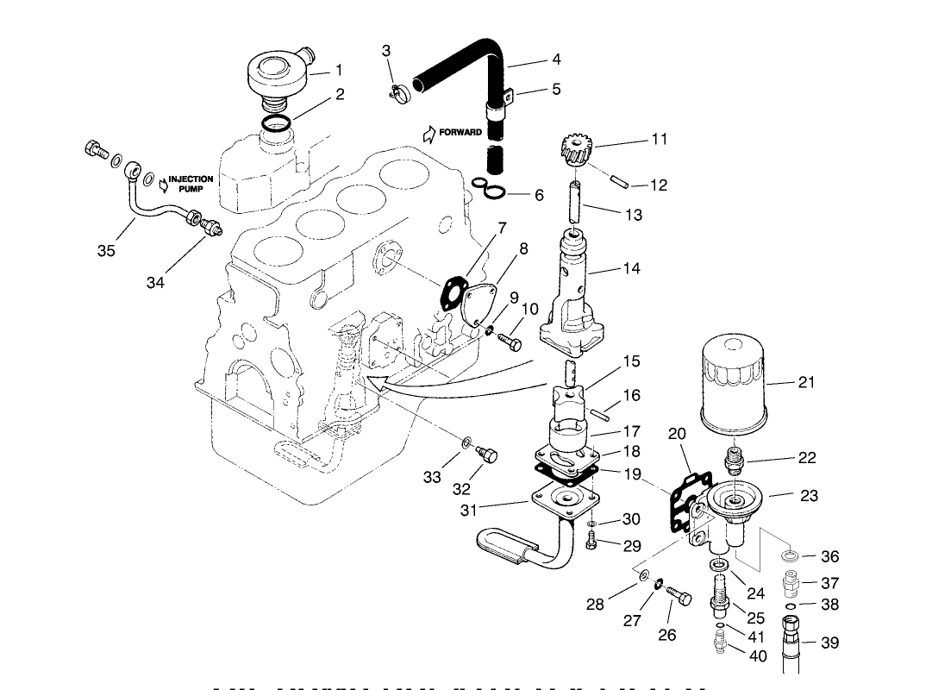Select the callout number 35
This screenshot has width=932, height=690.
coord(105,251)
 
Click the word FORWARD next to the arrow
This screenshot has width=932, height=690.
coord(460,133)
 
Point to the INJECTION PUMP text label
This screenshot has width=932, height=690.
coord(191,184)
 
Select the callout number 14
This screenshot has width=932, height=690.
coord(631,269)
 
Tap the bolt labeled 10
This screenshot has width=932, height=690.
coord(511,343)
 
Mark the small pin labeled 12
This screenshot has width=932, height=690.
coord(618,182)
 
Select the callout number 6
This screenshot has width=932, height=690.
coord(539,196)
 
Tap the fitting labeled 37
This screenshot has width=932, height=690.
coord(789,586)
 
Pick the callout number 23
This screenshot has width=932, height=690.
coord(810,496)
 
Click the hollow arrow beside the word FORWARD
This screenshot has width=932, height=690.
coord(429,133)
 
